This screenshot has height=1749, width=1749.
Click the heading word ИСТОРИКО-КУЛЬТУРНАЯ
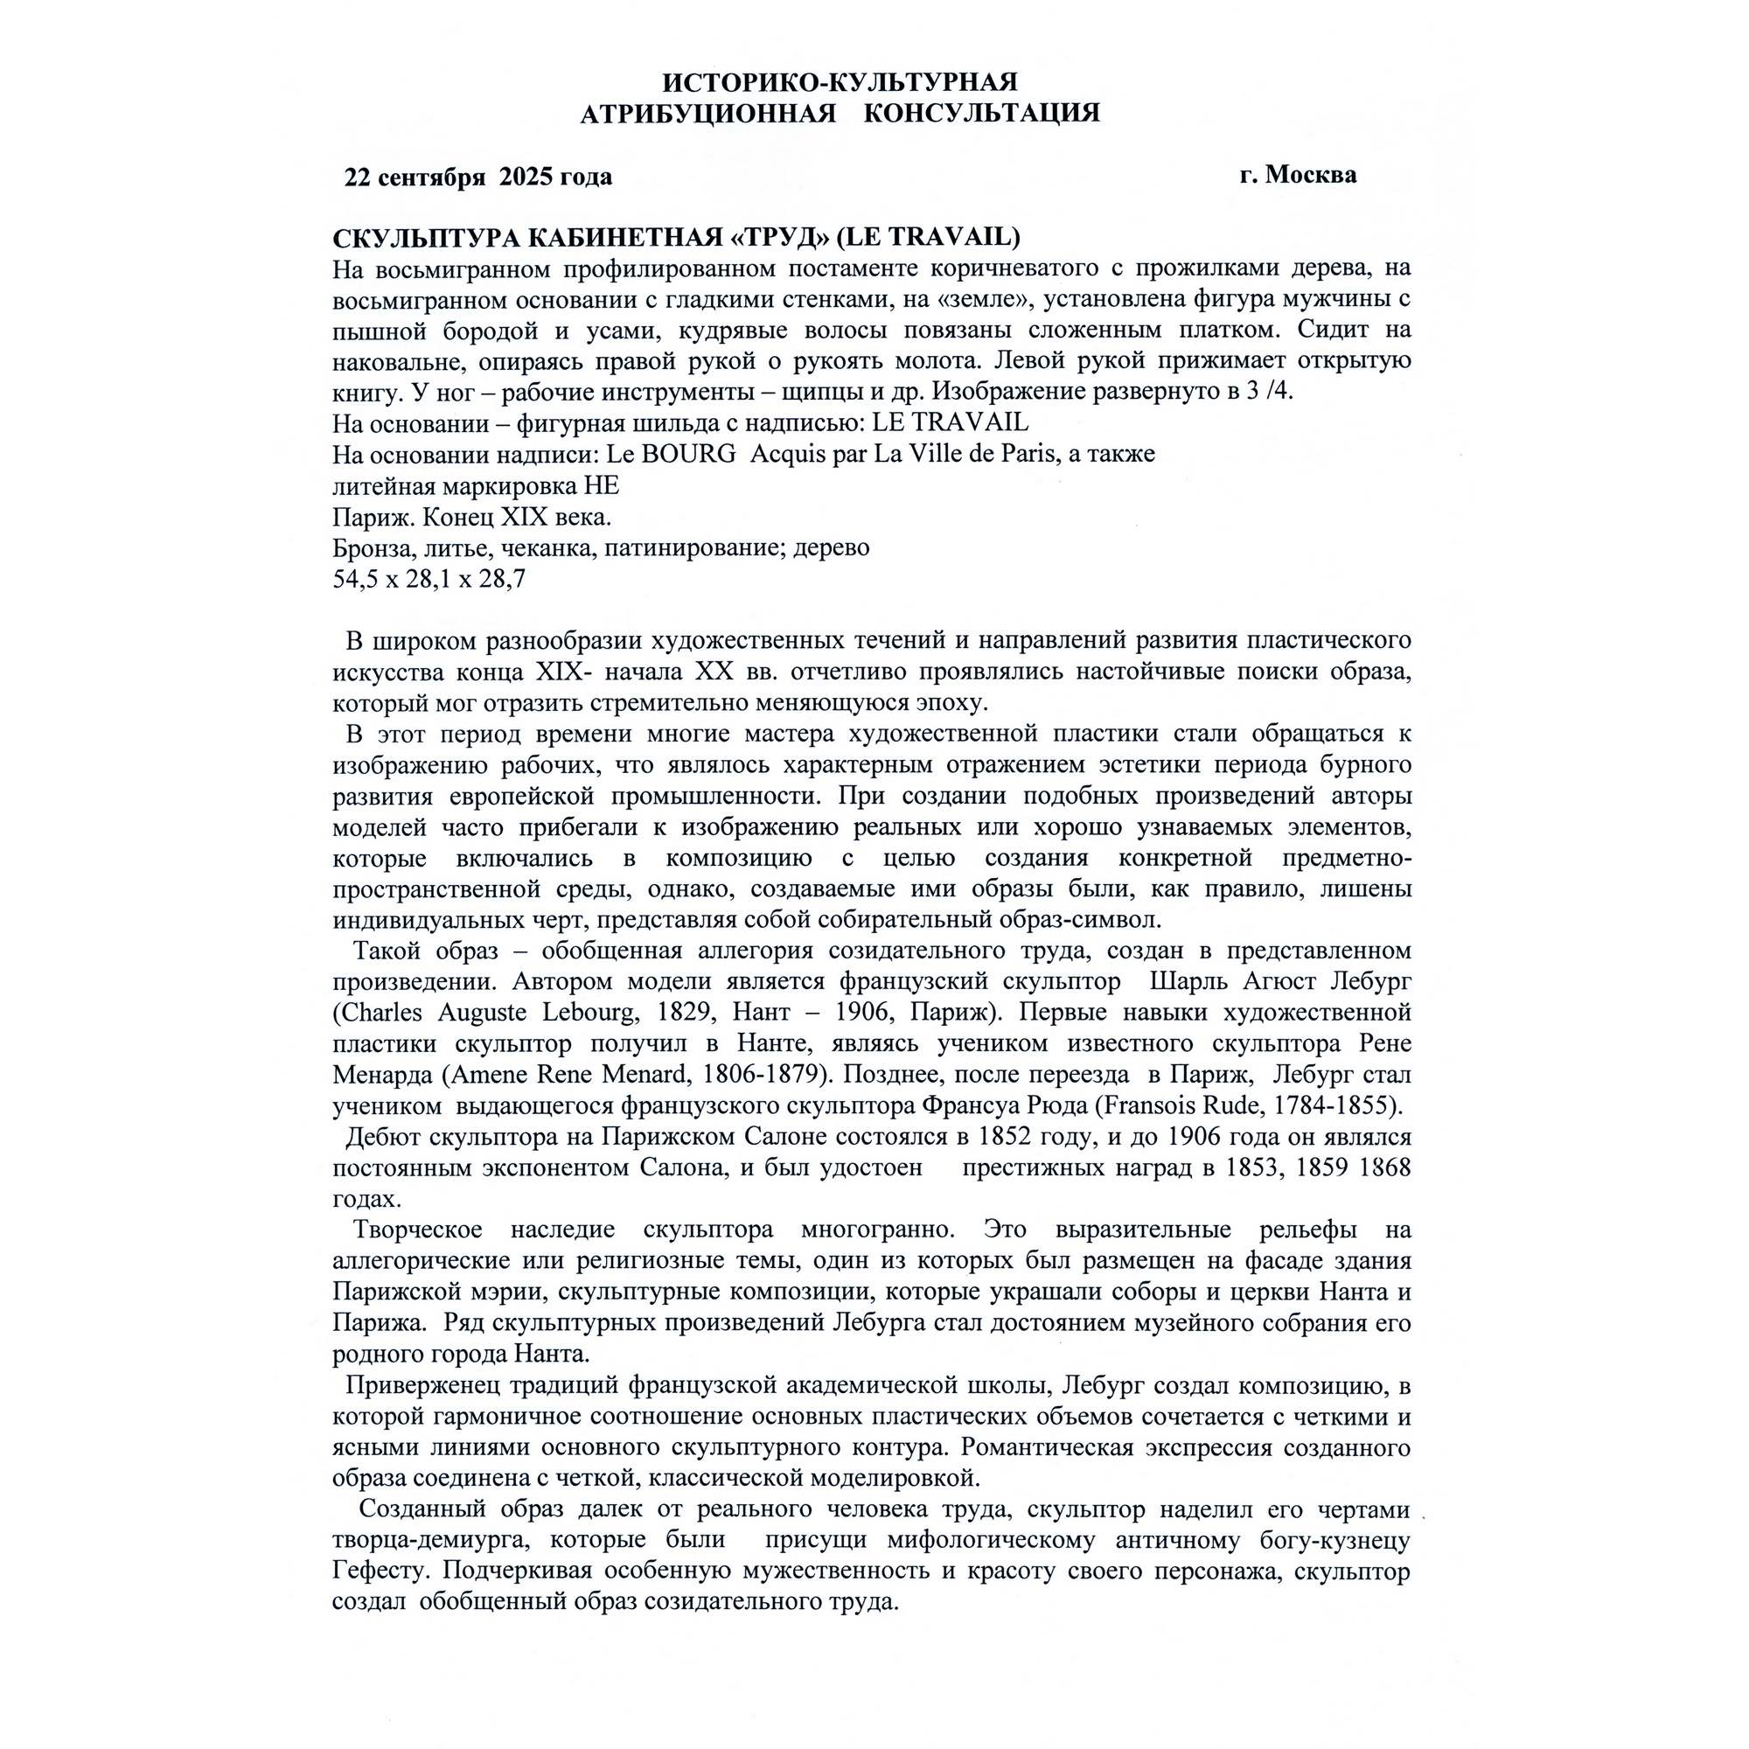coord(840,82)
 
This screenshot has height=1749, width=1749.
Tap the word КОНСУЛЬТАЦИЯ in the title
coord(981,114)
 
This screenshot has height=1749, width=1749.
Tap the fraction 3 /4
coord(1269,391)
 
